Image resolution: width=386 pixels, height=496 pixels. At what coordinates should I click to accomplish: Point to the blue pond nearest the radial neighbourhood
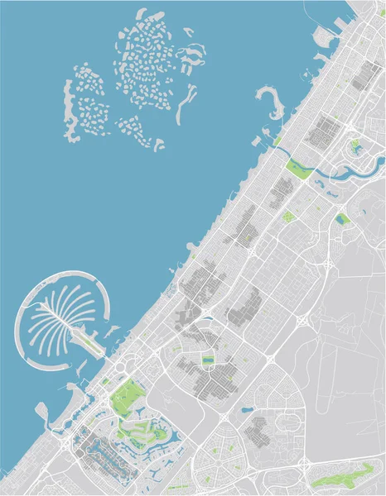coord(245,409)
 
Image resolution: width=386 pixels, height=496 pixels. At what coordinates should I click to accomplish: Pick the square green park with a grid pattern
coord(341,219)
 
